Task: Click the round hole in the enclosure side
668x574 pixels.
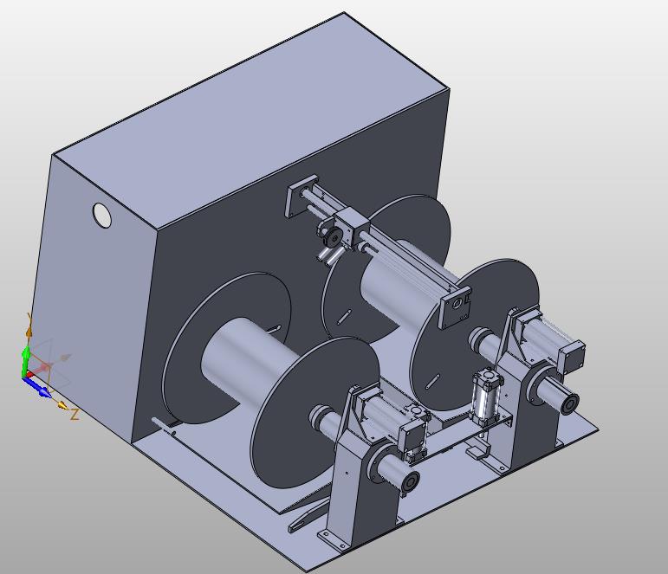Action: point(102,215)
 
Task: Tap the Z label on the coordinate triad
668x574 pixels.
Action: point(75,415)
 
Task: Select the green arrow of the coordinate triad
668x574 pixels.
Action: point(26,360)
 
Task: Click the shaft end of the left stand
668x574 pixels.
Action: point(410,482)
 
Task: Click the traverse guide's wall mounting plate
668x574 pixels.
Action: point(302,196)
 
